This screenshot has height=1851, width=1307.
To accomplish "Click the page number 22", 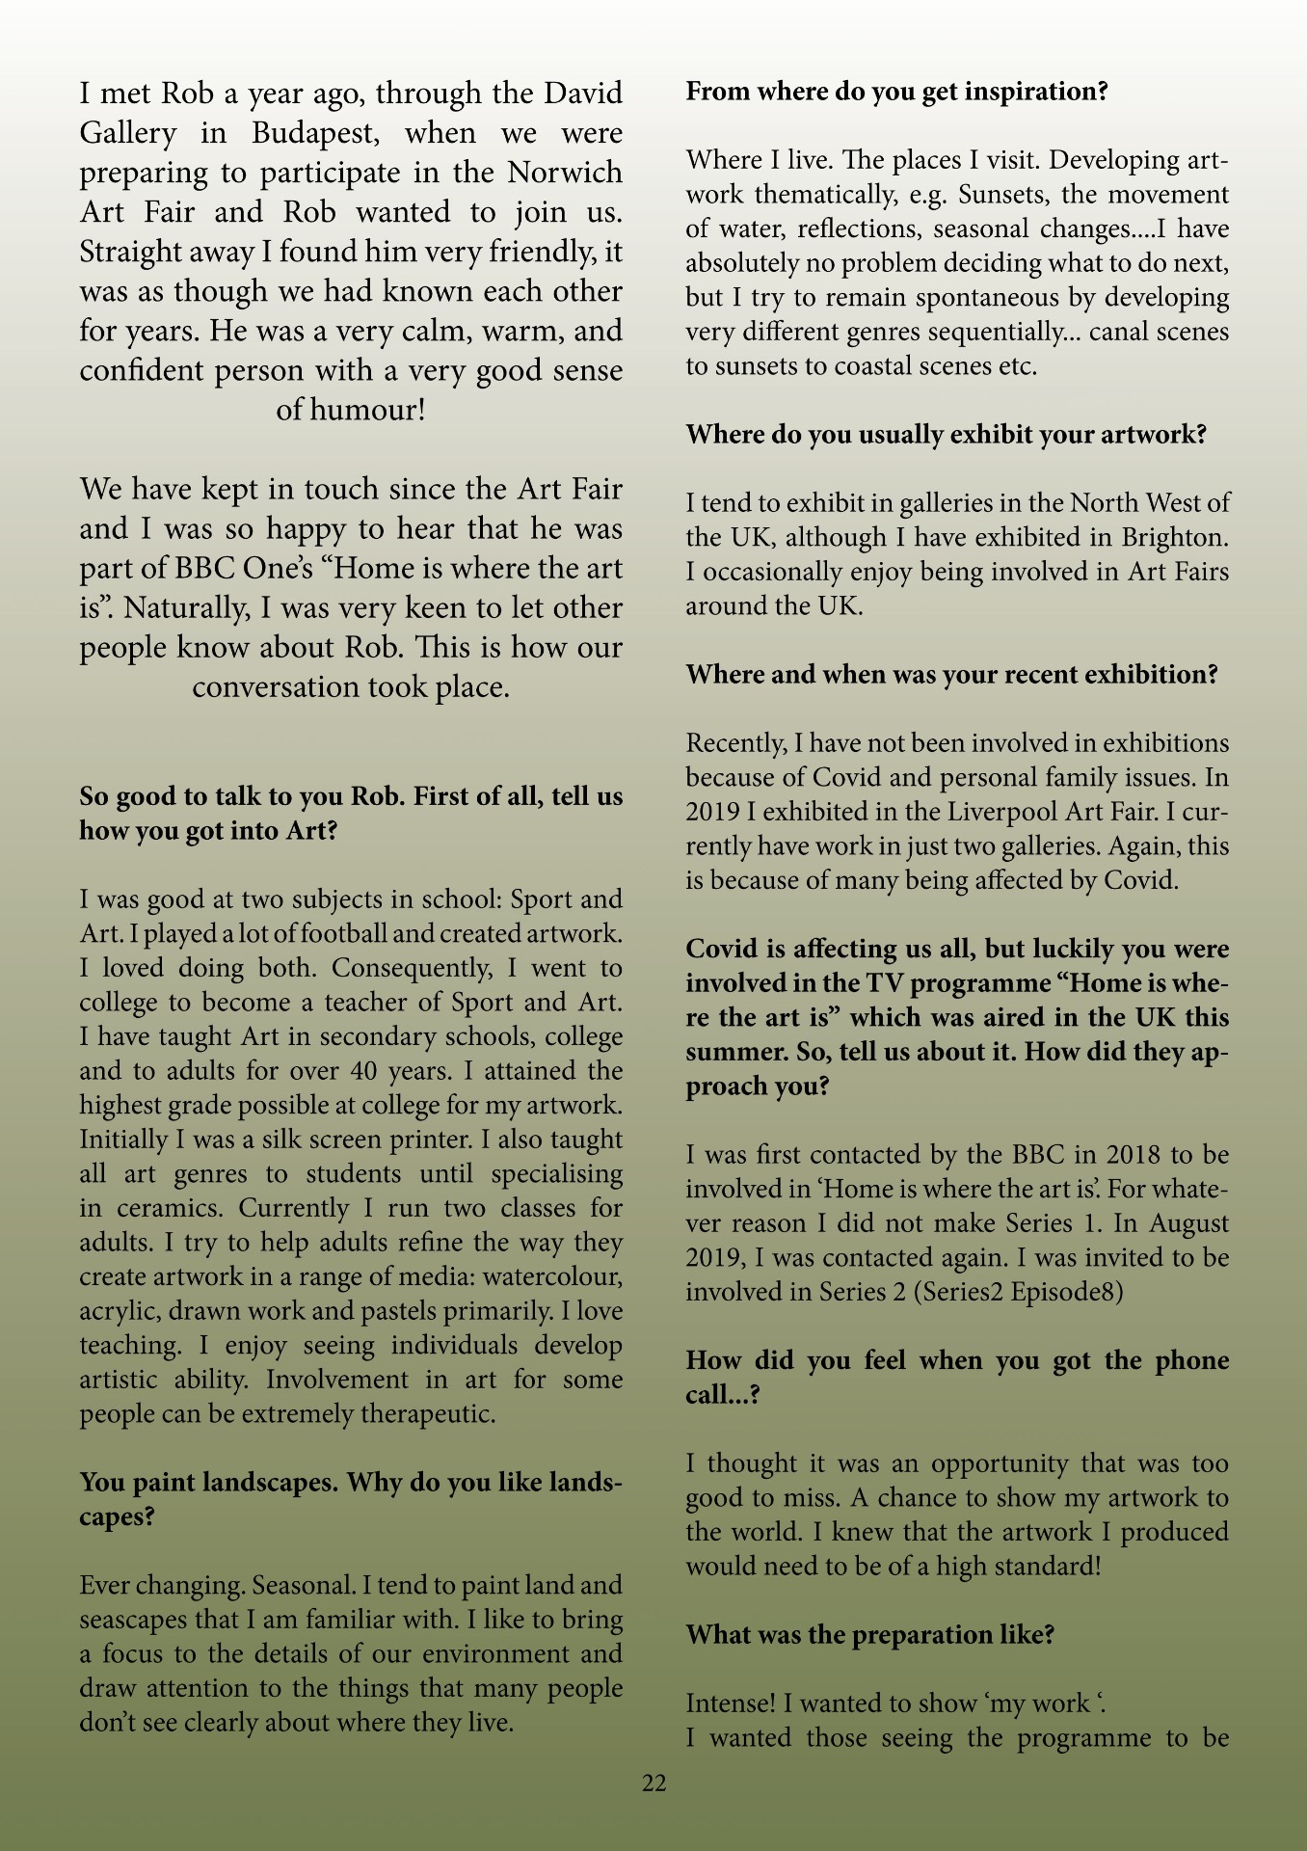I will [653, 1784].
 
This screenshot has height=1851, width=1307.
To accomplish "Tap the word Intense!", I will [731, 1703].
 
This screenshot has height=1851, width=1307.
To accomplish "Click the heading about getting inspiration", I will [896, 93].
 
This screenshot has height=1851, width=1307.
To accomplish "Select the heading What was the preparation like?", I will [869, 1635].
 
